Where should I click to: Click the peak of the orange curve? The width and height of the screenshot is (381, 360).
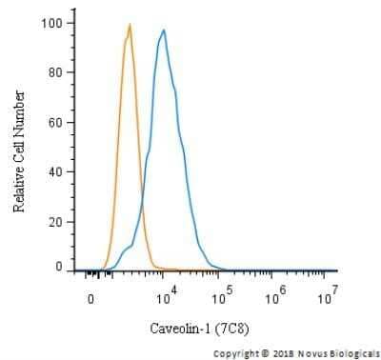tap(129, 26)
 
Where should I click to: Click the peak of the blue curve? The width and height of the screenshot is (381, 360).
tap(164, 30)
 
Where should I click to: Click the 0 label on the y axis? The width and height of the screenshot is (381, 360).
tap(59, 268)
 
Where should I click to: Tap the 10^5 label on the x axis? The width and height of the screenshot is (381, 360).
tap(223, 294)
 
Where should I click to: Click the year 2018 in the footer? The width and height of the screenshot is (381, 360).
tap(281, 352)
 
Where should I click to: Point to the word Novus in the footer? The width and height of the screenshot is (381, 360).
tap(311, 352)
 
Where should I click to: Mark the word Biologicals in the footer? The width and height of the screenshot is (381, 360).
tap(353, 352)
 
